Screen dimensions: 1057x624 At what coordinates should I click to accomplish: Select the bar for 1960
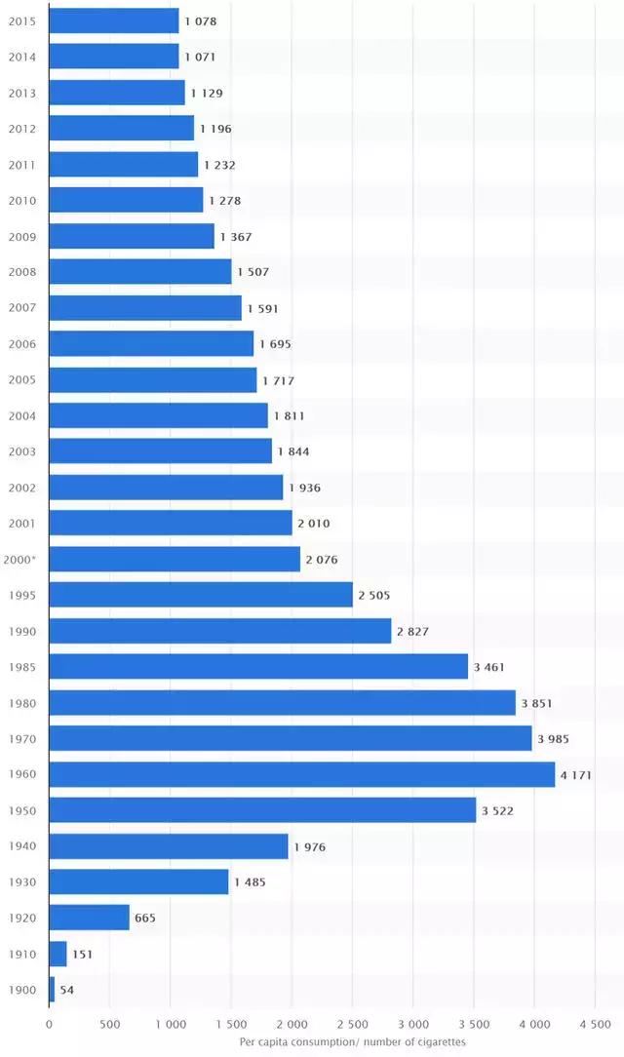click(301, 774)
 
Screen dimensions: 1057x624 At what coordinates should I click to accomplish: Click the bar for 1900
click(52, 990)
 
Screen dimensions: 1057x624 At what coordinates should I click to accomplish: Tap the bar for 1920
click(89, 918)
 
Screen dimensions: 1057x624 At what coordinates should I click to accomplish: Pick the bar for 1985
click(258, 667)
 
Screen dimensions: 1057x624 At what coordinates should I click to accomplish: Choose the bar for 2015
click(113, 20)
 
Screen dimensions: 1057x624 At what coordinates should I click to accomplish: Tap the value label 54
click(66, 990)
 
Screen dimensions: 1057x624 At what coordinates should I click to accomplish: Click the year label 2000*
click(21, 560)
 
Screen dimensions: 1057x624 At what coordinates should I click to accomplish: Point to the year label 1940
click(21, 846)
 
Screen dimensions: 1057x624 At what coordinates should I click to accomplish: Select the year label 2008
click(21, 272)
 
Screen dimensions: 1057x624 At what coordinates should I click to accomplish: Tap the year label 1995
click(21, 595)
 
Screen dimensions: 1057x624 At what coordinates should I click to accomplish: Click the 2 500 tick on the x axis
click(352, 1025)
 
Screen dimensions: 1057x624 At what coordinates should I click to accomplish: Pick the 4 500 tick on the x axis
click(594, 1025)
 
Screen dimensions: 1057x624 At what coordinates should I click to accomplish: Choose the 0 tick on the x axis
click(49, 1025)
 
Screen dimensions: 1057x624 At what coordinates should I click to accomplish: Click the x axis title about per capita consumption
click(352, 1042)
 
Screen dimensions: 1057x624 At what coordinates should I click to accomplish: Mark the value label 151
click(82, 954)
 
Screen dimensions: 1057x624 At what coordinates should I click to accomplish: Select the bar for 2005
click(152, 380)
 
